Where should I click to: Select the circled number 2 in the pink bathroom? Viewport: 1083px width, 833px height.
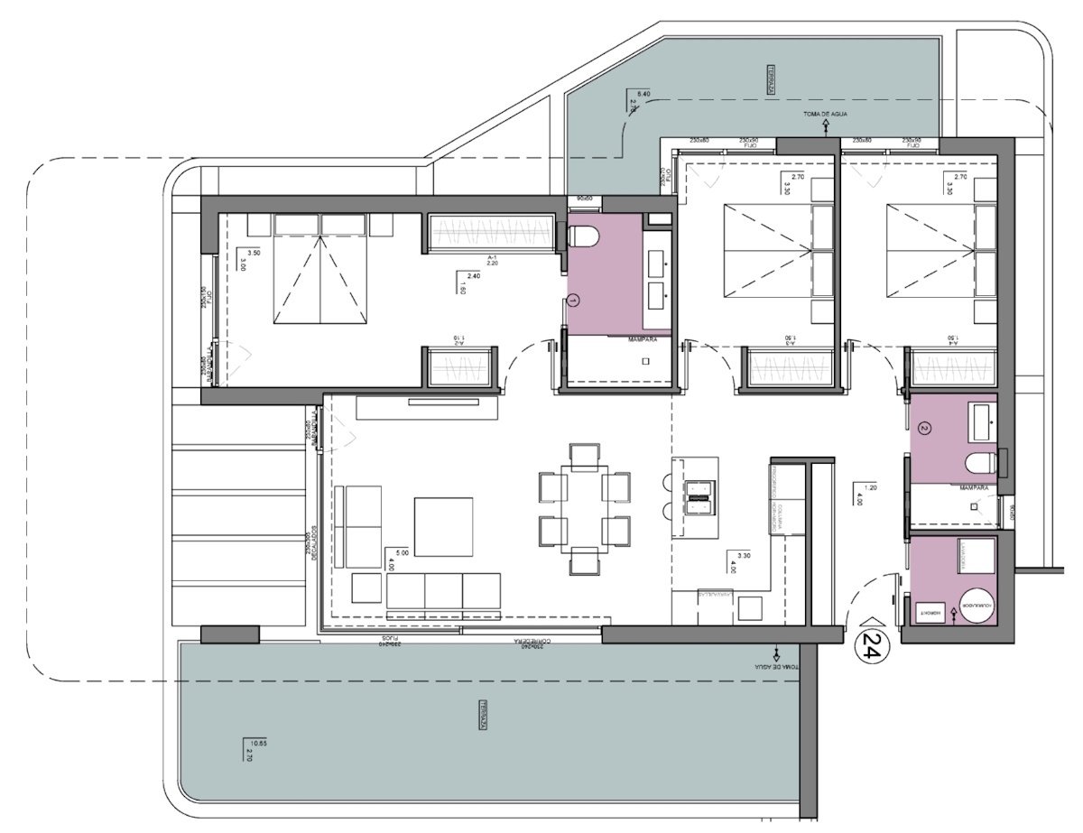(923, 428)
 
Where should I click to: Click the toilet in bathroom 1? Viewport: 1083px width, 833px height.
(584, 236)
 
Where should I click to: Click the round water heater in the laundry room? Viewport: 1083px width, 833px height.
(976, 606)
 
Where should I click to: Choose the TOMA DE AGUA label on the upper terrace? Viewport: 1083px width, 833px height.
(825, 115)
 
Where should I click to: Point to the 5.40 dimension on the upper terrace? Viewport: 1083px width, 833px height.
(643, 94)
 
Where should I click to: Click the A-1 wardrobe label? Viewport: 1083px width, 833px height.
(493, 257)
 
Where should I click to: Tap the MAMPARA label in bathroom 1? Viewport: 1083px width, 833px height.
(643, 338)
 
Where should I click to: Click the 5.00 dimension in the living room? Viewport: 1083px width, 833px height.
(391, 551)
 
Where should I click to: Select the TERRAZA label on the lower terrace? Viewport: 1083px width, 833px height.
(485, 715)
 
